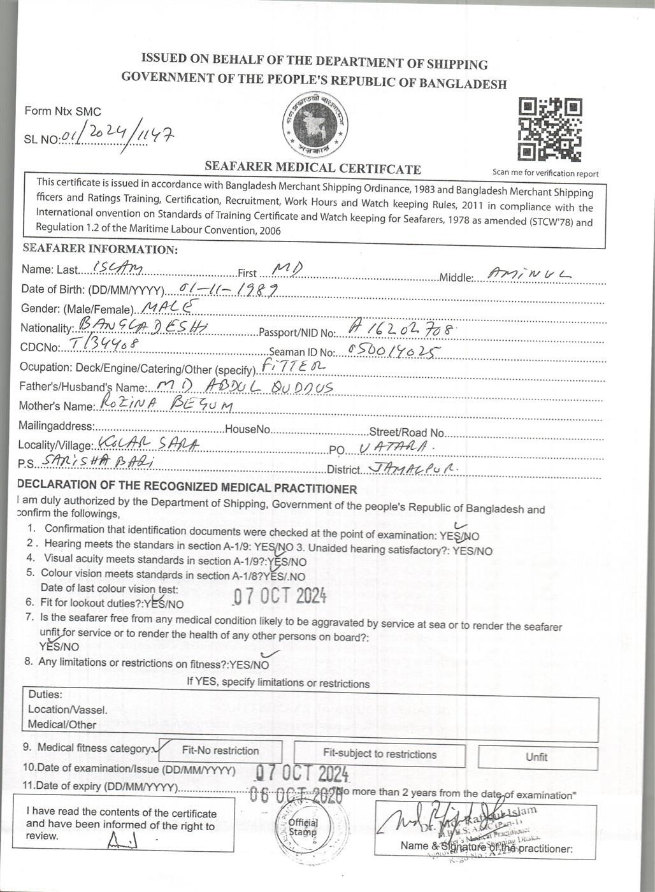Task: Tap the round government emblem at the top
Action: (x=317, y=124)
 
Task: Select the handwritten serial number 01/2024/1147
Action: (x=117, y=135)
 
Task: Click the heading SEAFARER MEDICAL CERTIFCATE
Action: (x=313, y=169)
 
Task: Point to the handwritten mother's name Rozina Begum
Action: (x=162, y=405)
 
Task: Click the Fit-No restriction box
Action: (x=220, y=751)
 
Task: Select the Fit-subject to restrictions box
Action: (x=380, y=754)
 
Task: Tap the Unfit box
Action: (x=536, y=757)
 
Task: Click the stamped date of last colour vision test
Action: (x=280, y=596)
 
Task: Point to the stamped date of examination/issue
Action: (x=302, y=773)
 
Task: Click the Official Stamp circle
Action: (x=303, y=828)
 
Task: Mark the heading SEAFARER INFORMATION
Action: (x=100, y=249)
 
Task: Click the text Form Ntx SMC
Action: (x=63, y=111)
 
